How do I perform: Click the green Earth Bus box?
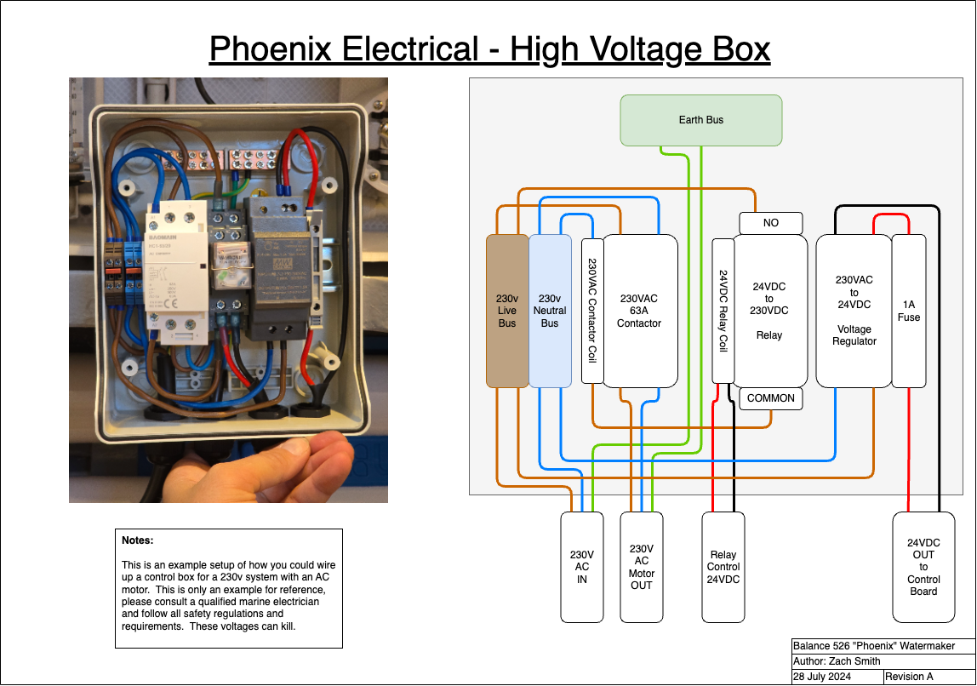point(700,120)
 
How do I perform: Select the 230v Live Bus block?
point(507,311)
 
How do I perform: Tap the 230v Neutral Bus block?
point(550,311)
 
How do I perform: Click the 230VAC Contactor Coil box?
point(592,311)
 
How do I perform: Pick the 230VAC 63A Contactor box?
point(640,311)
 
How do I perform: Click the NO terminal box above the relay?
point(770,223)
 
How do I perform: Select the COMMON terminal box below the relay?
point(770,398)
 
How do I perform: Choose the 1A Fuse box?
point(908,311)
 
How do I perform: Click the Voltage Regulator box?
point(854,311)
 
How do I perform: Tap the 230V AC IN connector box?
point(581,567)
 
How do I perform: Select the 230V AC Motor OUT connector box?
point(641,567)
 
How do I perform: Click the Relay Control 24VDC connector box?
point(723,567)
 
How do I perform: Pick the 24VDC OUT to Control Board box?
point(923,567)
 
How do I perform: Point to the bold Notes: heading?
point(138,540)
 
